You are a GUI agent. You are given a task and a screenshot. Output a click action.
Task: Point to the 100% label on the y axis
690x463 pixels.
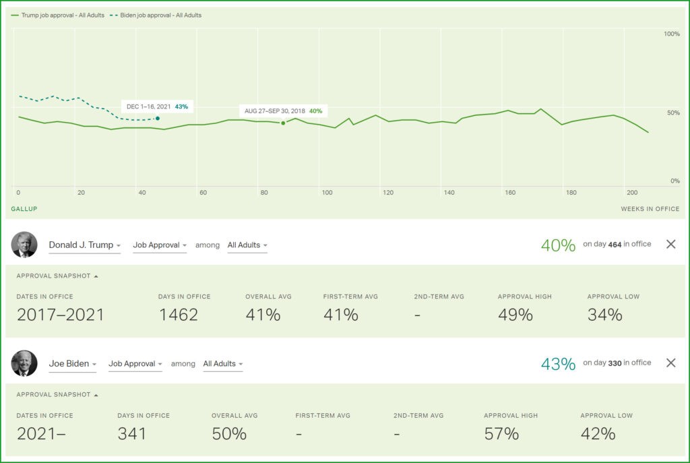click(671, 34)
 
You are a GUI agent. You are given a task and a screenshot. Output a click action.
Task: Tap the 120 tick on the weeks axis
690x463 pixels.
click(388, 193)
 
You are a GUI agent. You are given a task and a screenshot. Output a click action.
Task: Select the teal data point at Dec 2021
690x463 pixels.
click(158, 119)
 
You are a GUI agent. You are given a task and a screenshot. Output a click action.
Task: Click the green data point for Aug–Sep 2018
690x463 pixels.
click(283, 123)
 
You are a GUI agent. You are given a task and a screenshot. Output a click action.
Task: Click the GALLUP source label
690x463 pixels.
click(24, 209)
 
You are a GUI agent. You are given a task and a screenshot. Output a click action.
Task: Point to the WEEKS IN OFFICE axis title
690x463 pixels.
click(650, 209)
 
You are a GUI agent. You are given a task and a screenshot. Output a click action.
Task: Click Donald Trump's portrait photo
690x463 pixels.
click(24, 245)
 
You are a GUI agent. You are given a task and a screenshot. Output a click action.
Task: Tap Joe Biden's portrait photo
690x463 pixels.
click(24, 363)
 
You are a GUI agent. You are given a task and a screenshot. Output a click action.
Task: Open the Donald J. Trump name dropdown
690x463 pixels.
click(84, 245)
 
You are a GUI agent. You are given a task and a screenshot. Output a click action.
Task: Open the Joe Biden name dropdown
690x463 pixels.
click(72, 364)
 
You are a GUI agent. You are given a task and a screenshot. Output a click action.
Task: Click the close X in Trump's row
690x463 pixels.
click(670, 244)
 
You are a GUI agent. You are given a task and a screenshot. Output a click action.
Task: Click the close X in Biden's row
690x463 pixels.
click(670, 363)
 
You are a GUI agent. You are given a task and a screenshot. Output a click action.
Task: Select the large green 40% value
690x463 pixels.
click(558, 245)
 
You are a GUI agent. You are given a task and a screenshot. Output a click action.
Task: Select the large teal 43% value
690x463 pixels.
click(558, 364)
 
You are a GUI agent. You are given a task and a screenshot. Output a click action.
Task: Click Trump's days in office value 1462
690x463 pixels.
click(178, 315)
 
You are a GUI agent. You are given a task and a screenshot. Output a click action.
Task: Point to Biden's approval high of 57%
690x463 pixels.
click(501, 433)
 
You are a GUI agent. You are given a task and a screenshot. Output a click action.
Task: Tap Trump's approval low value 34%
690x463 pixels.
click(604, 315)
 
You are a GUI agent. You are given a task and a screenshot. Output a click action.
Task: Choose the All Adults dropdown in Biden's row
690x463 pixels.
click(223, 364)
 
